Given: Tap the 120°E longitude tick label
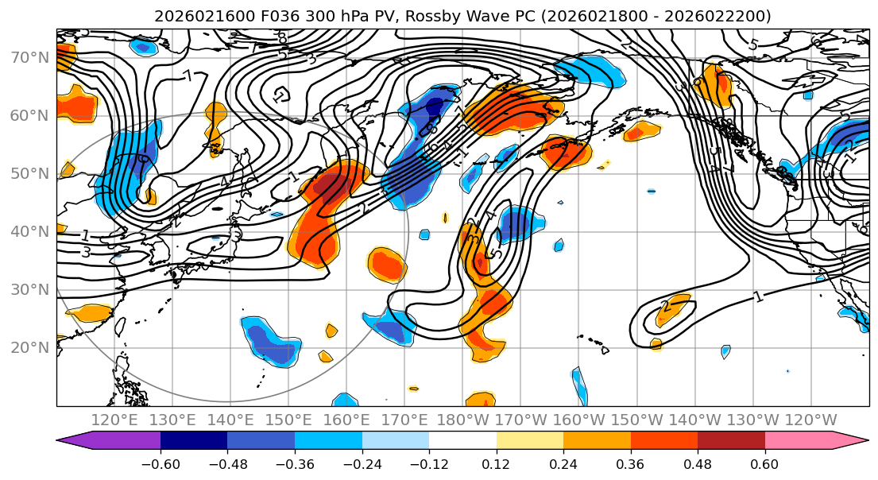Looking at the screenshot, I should [x=115, y=420].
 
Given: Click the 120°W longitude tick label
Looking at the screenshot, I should [x=810, y=420].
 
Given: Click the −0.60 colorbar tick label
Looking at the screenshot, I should [x=160, y=462].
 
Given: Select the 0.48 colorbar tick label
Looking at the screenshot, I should [x=698, y=462].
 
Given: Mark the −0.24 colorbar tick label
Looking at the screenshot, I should [x=362, y=462].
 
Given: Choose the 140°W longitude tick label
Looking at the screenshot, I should [x=694, y=420].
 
